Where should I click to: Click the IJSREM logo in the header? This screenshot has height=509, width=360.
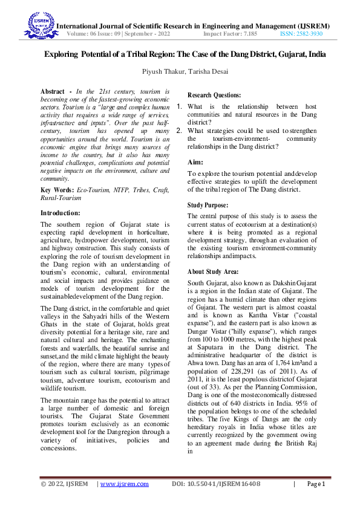tap(39, 27)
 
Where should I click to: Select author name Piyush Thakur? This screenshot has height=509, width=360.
tap(162, 71)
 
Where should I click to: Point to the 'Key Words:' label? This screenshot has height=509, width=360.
tap(53, 190)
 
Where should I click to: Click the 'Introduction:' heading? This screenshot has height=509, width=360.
tap(60, 213)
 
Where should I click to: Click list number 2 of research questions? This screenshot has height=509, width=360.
tap(179, 130)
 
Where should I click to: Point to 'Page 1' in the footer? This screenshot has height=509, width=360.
tap(316, 484)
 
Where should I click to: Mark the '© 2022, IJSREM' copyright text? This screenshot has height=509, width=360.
tap(64, 484)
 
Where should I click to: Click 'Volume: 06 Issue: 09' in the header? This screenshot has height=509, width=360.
tap(97, 34)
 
